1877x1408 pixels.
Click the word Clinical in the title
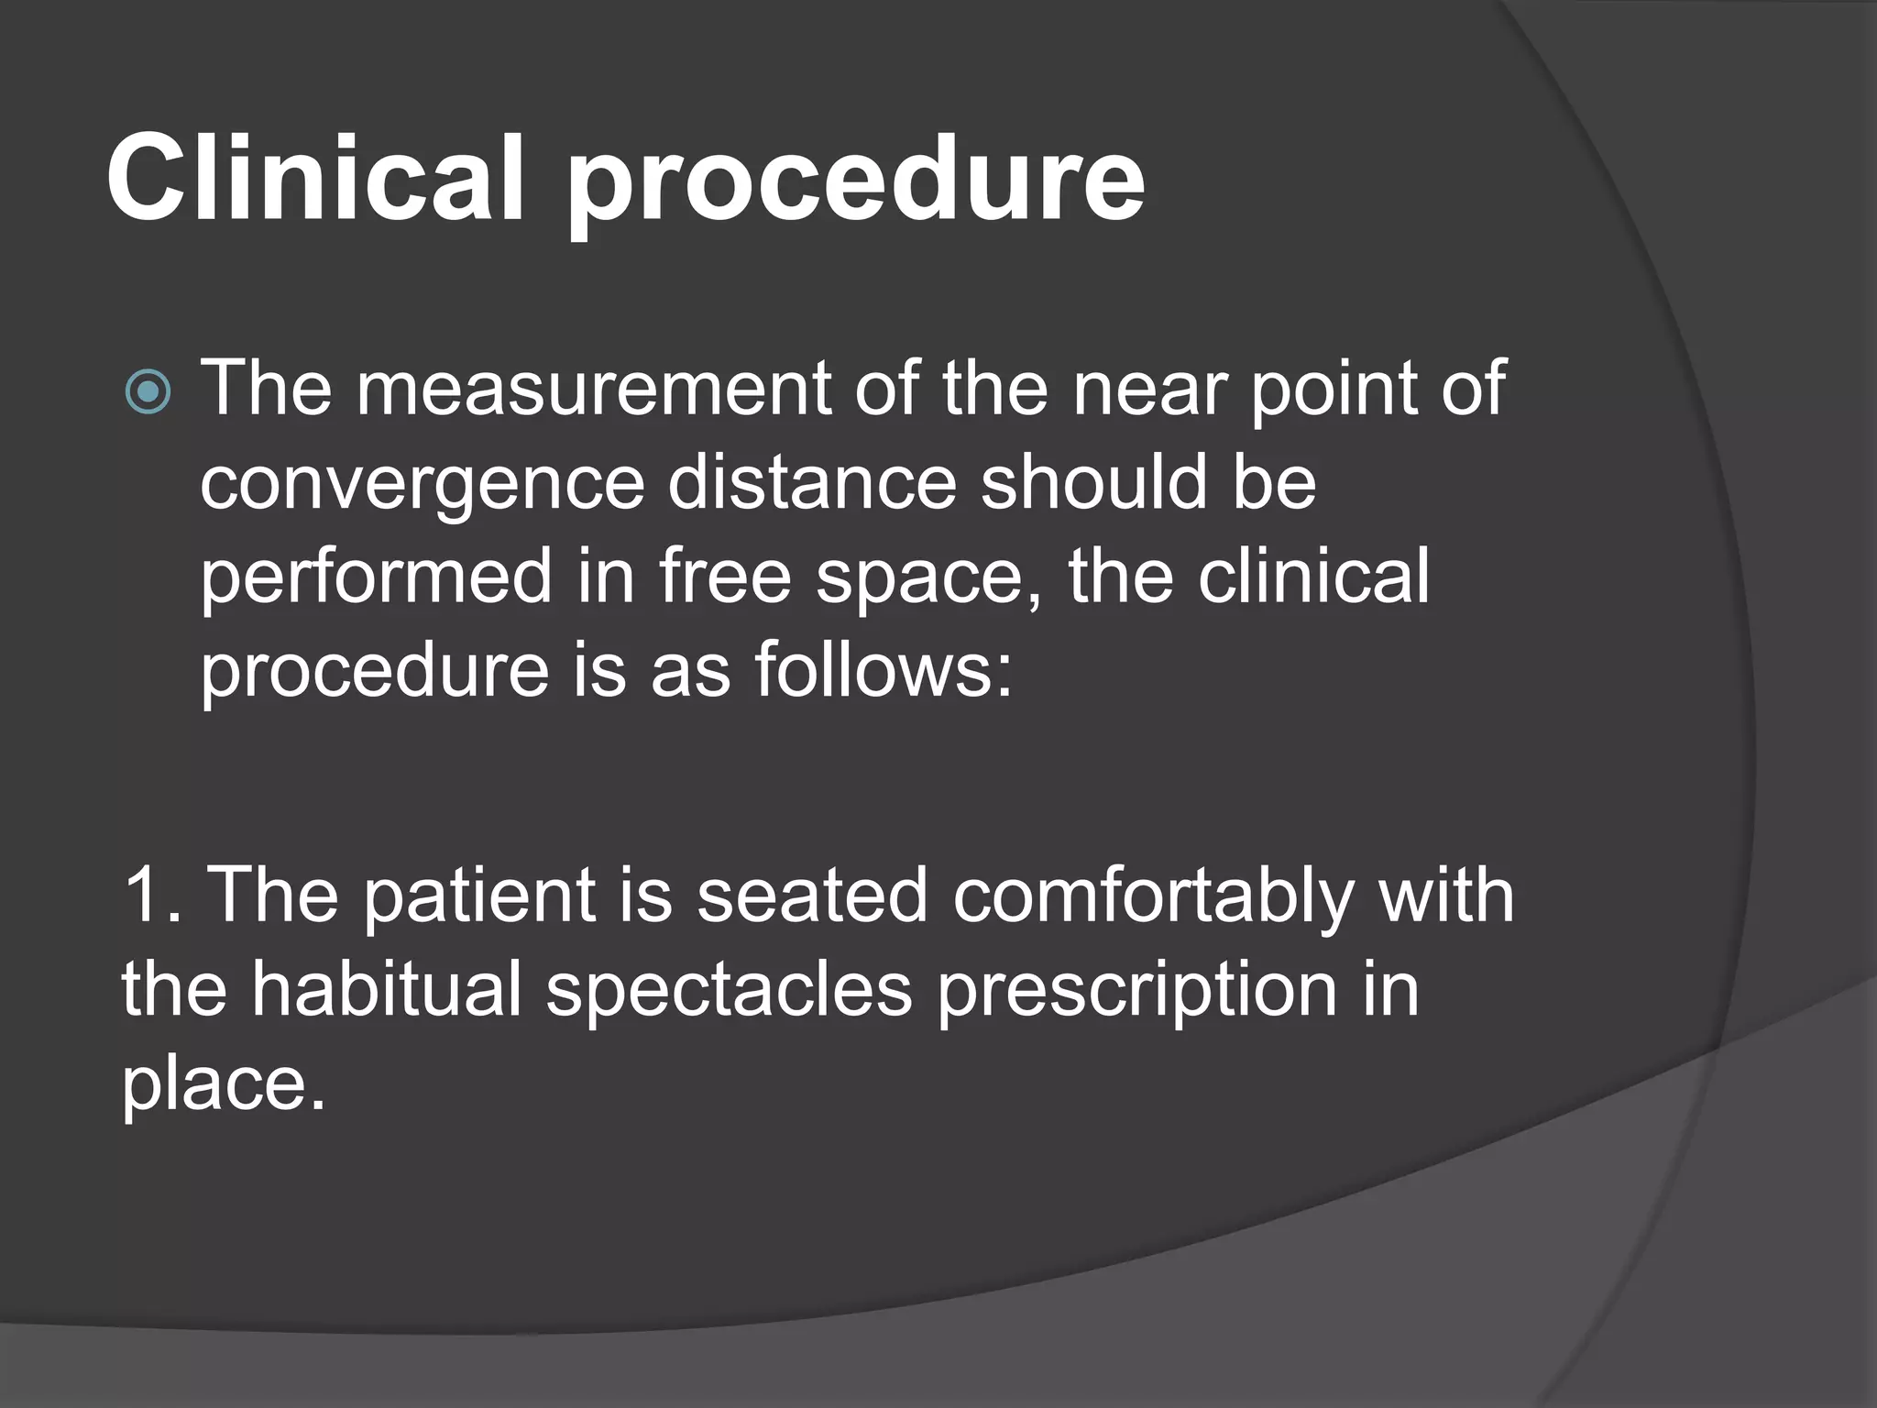click(316, 176)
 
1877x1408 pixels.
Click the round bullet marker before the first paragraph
click(148, 392)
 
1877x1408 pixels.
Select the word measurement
click(594, 389)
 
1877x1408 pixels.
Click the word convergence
click(423, 484)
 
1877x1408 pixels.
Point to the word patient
click(480, 897)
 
